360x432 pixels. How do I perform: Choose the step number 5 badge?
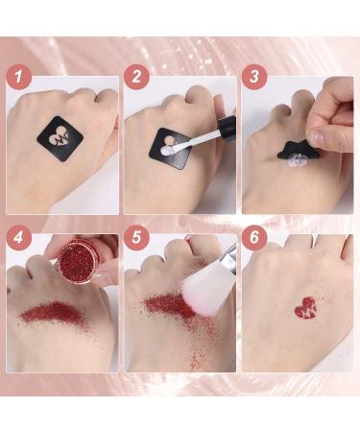coord(140,238)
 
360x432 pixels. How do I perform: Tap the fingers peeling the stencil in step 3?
coord(331,134)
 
